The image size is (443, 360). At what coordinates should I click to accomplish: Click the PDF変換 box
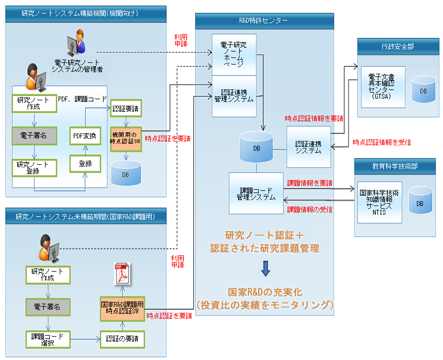[86, 136]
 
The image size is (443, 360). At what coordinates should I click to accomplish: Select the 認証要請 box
[126, 108]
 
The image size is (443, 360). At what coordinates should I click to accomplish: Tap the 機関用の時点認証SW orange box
[126, 138]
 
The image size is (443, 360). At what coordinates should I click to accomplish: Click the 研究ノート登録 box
[34, 167]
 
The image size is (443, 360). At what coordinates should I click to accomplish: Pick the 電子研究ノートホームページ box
[233, 55]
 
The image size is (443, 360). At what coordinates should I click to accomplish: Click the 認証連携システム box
[308, 147]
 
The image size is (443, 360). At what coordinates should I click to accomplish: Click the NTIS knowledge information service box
[380, 202]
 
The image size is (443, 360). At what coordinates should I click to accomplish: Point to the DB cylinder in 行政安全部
[423, 89]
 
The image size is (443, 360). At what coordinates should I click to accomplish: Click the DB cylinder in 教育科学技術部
[420, 202]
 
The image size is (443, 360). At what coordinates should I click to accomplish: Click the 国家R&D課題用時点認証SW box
[123, 307]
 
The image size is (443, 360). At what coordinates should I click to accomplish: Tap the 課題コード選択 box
[48, 339]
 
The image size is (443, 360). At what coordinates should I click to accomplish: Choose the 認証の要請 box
[123, 339]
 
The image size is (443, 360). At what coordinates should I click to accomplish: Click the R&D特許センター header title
[264, 21]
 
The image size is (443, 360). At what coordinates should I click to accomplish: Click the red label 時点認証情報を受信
[382, 142]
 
